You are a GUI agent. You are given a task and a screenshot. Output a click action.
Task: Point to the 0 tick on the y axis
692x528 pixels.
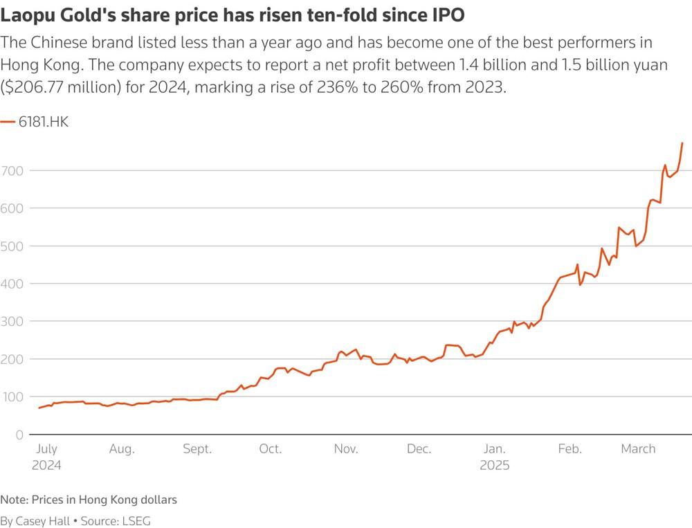(x=19, y=435)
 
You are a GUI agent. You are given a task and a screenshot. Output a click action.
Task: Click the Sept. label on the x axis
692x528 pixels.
(x=197, y=449)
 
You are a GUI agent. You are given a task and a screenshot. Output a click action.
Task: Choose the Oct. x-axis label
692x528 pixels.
(x=270, y=449)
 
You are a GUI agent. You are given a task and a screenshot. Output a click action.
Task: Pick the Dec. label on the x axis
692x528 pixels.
(x=419, y=449)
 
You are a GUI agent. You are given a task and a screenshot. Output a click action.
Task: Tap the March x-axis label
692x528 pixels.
(x=638, y=449)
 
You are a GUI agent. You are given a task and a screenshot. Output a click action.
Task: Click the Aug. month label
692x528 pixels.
(x=122, y=449)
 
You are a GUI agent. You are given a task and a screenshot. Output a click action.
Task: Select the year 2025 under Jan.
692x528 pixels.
(x=495, y=466)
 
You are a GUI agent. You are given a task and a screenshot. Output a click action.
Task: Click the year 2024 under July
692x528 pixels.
(x=46, y=466)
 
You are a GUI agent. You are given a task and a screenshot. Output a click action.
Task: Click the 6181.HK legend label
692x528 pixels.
(x=44, y=122)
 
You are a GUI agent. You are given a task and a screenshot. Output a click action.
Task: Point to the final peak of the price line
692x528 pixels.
(x=682, y=143)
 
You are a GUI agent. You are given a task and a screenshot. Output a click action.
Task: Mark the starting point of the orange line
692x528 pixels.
(x=39, y=408)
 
